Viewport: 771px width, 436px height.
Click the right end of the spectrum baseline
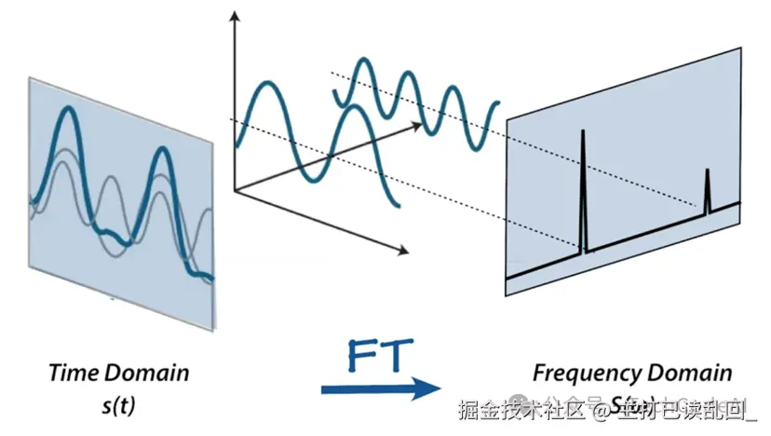pos(738,203)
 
